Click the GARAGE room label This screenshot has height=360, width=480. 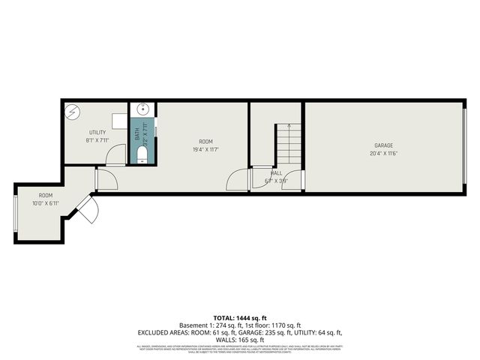coord(383,145)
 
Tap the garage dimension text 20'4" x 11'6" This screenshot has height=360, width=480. coord(383,154)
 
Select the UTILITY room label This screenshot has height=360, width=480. coord(98,132)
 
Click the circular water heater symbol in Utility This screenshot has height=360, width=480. coord(74,112)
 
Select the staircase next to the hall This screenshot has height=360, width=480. coord(288,146)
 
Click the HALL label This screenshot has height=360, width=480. coord(277,172)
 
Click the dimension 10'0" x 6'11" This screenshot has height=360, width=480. coord(46,203)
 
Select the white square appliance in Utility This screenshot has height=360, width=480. coord(119,120)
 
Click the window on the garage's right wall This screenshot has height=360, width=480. coord(465,147)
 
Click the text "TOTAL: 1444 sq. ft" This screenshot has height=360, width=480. coord(240,318)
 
